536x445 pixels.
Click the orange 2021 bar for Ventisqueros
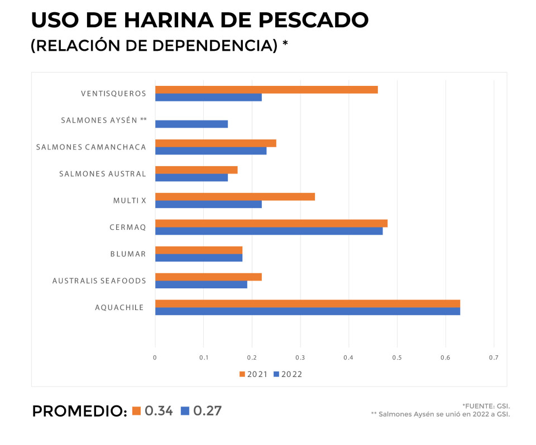click(266, 90)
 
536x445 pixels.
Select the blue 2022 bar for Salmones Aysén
click(191, 124)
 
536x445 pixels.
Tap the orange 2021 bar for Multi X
click(234, 197)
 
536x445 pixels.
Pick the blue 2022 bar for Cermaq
click(269, 231)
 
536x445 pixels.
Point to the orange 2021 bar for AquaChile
click(307, 303)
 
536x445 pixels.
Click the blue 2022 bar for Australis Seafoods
click(201, 284)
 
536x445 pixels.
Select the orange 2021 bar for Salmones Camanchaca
click(216, 143)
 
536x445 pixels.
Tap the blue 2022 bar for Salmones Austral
click(191, 177)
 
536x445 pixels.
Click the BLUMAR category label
click(128, 254)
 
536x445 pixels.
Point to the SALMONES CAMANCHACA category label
click(91, 147)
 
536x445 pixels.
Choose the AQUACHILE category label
click(119, 307)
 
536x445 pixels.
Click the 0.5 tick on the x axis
click(397, 357)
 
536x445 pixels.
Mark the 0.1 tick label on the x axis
click(203, 357)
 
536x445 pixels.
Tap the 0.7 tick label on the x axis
click(494, 357)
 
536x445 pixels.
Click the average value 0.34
click(159, 411)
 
